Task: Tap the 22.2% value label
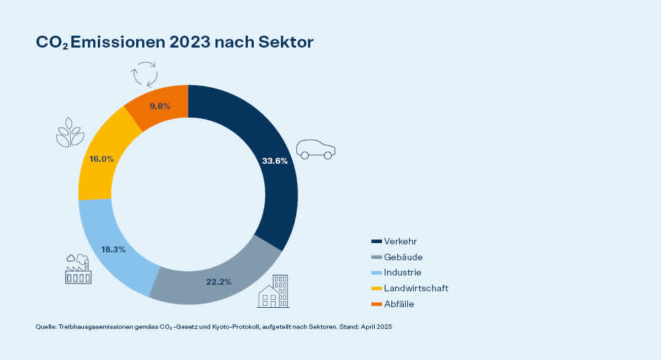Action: [x=218, y=281]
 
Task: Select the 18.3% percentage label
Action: [x=114, y=249]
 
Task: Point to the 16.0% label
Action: [x=101, y=159]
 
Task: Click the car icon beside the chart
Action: [x=316, y=149]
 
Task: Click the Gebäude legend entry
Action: [x=403, y=257]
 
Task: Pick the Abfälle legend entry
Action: [x=399, y=304]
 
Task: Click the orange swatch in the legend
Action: [x=377, y=304]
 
